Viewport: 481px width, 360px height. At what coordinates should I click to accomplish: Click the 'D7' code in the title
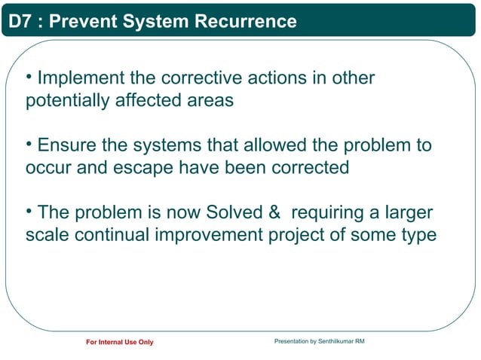point(20,22)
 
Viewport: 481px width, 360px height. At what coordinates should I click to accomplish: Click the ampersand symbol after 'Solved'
point(274,212)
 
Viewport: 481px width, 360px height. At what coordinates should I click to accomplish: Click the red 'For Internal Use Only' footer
point(120,343)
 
